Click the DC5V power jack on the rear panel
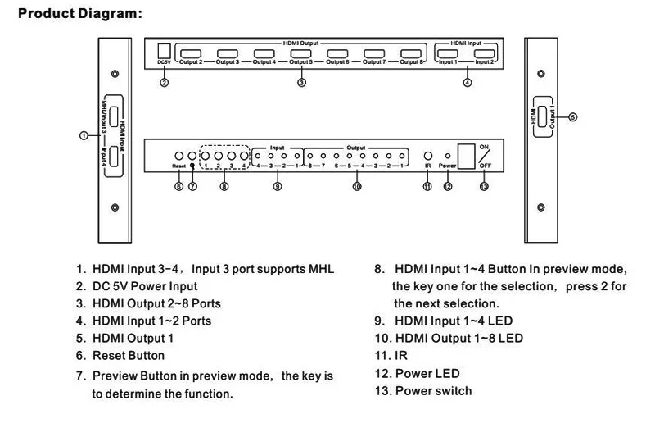coord(165,51)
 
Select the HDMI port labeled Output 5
coord(300,54)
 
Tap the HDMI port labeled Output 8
coord(411,54)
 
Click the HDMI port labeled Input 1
coord(447,54)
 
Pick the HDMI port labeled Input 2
coord(484,54)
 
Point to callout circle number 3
coord(301,82)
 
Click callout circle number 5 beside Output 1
coord(572,117)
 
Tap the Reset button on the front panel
coord(178,156)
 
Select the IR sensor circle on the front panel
coord(427,156)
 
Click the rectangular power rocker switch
coord(466,157)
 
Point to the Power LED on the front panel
coord(448,156)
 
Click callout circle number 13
coord(484,186)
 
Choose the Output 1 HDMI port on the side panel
coord(542,116)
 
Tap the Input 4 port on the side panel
coord(114,157)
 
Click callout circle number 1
coord(84,135)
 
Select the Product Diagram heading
coord(80,13)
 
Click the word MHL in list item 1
coord(321,269)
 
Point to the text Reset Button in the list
coord(129,356)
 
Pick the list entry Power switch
coord(434,390)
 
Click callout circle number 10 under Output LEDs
coord(357,186)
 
